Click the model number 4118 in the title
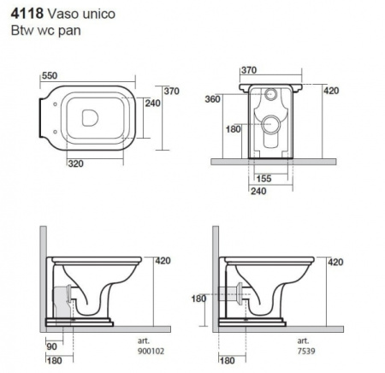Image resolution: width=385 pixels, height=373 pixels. click(x=27, y=14)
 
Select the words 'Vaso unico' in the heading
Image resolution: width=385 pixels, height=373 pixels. click(x=81, y=14)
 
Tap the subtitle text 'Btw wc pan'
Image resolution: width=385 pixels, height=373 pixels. click(x=45, y=31)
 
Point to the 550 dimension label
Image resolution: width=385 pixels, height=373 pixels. click(x=50, y=75)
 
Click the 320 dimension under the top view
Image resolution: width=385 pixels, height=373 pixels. click(x=76, y=163)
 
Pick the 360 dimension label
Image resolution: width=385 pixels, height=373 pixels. click(x=212, y=99)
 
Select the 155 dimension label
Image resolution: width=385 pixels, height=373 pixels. click(x=264, y=179)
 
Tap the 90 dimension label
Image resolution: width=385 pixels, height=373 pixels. click(x=51, y=346)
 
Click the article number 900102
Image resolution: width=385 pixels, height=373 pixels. click(x=151, y=351)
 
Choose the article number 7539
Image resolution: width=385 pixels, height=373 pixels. click(x=306, y=351)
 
